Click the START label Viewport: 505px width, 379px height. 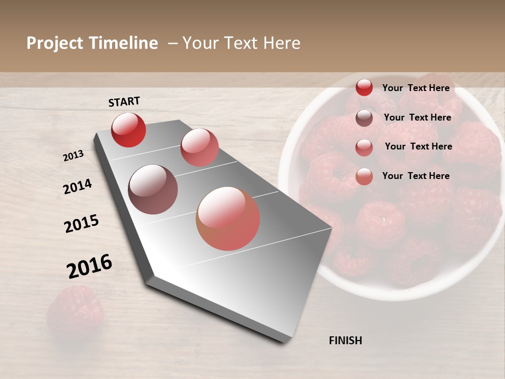click(124, 102)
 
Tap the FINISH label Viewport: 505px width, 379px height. click(345, 341)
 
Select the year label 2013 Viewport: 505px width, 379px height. click(73, 156)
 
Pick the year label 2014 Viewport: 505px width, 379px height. click(77, 187)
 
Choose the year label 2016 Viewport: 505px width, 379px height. click(89, 266)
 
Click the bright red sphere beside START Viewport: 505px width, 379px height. click(128, 129)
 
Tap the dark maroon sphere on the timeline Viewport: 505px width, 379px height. click(153, 189)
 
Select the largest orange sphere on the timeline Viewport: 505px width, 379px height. click(228, 218)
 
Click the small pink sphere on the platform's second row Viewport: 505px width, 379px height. click(199, 147)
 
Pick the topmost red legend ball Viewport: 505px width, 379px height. click(364, 88)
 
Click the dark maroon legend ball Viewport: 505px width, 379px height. click(364, 118)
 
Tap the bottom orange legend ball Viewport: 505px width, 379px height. click(364, 176)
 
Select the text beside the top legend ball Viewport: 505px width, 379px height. click(416, 88)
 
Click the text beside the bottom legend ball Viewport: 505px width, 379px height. click(416, 176)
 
